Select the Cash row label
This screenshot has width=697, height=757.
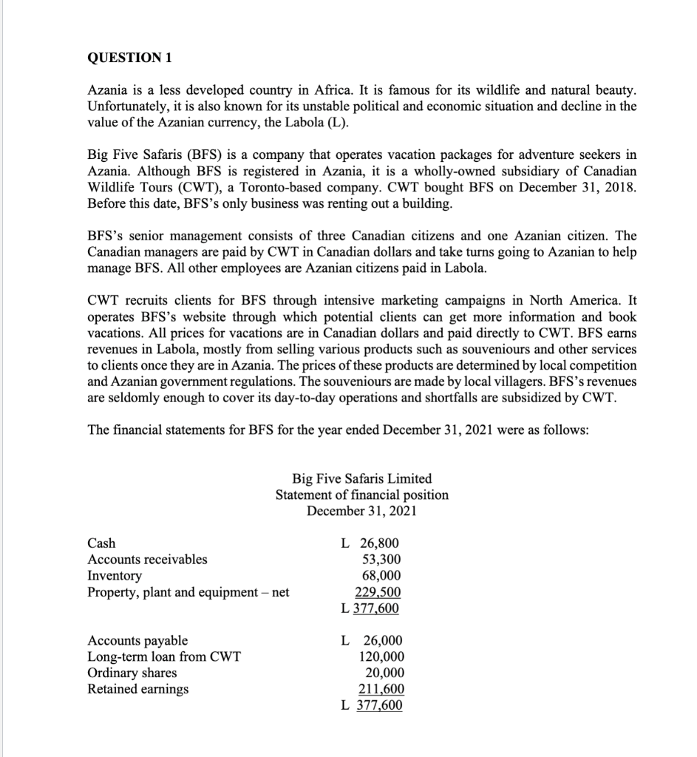(x=101, y=543)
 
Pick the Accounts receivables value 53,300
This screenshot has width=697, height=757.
(x=382, y=560)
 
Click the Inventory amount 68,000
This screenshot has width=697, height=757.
(x=382, y=576)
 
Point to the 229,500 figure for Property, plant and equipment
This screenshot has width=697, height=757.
(x=378, y=592)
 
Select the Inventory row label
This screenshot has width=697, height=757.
(x=115, y=576)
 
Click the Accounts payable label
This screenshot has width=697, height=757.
(x=137, y=641)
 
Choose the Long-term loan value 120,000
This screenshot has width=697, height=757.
(x=381, y=656)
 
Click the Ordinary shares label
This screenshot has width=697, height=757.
(x=132, y=673)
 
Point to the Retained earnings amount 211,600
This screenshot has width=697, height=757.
(x=381, y=689)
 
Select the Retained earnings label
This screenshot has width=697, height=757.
(x=138, y=689)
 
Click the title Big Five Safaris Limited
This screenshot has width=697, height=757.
(x=362, y=478)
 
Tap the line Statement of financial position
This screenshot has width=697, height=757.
(x=362, y=495)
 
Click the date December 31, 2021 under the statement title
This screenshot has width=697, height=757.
(x=362, y=511)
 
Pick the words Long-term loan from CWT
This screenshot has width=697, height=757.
(x=164, y=656)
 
